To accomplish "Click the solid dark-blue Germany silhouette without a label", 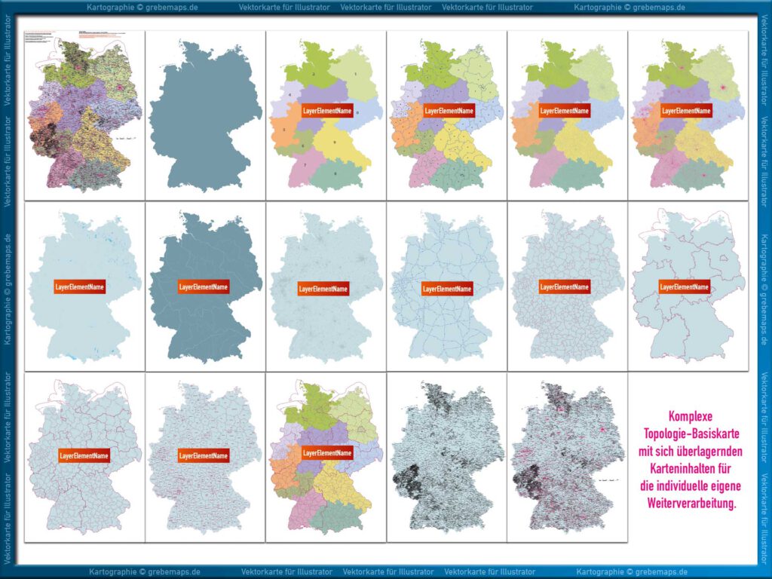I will [x=204, y=113].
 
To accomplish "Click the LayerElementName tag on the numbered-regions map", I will [x=327, y=111].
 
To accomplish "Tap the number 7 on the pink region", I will [x=305, y=165].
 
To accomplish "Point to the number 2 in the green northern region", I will [x=313, y=74].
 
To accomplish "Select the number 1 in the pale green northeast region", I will [x=355, y=74].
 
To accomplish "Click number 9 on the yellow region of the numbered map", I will [x=335, y=142].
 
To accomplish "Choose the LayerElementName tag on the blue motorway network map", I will [x=447, y=289].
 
